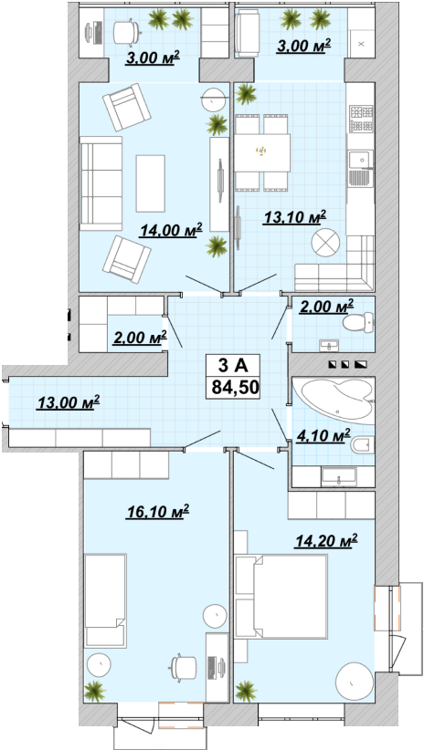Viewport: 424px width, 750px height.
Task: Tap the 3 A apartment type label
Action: [232, 366]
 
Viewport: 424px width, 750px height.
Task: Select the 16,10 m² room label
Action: [158, 512]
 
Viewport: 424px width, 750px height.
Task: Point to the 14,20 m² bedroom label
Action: [326, 542]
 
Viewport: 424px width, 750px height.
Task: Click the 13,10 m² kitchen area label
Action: [294, 218]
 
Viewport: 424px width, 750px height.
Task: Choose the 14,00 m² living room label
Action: [171, 230]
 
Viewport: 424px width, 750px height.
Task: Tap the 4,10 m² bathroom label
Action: [323, 436]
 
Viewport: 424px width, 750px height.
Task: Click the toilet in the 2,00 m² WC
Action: [358, 322]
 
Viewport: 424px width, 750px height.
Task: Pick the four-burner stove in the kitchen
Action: [361, 118]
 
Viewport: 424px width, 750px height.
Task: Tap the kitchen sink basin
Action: [361, 160]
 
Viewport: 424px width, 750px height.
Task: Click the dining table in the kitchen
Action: [262, 152]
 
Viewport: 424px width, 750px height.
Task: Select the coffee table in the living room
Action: [151, 183]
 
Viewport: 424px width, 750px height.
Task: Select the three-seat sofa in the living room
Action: [101, 183]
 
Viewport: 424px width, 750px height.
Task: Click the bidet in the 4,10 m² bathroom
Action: [362, 446]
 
